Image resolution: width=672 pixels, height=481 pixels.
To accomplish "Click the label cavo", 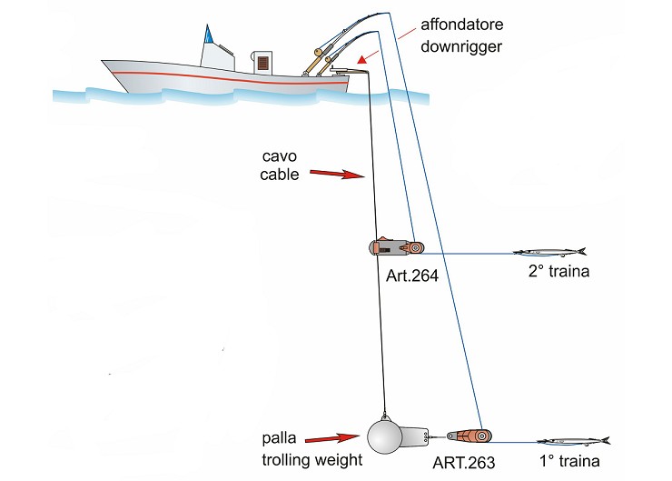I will [x=280, y=156].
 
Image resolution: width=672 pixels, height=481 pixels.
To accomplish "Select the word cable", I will [x=280, y=175].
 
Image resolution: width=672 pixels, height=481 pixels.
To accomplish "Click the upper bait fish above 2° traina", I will [x=549, y=252].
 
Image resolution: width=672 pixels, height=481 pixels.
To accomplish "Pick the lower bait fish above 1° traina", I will [x=571, y=441].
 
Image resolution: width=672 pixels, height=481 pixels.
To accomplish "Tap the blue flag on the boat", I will [x=209, y=35].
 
